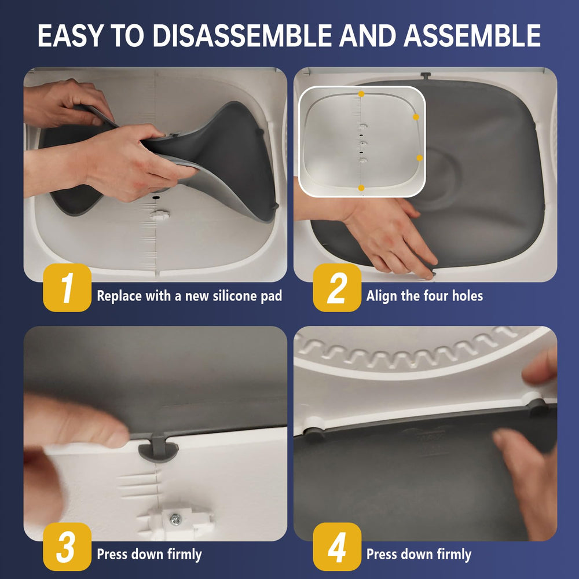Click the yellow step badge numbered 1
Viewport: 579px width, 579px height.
click(67, 288)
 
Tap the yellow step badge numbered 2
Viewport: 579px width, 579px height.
click(337, 288)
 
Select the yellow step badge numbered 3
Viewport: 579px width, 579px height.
click(67, 546)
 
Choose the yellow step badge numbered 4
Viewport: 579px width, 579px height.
click(337, 546)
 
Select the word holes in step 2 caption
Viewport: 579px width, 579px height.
click(467, 296)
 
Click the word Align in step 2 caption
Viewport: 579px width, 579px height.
click(382, 296)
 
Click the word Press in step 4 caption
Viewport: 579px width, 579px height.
click(383, 554)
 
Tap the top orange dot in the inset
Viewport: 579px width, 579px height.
click(361, 93)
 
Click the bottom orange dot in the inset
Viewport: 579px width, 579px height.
click(361, 188)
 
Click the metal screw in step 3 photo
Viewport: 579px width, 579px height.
click(174, 519)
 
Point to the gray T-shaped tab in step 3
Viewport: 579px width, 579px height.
click(158, 449)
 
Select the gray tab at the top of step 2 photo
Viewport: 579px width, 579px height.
click(426, 75)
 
